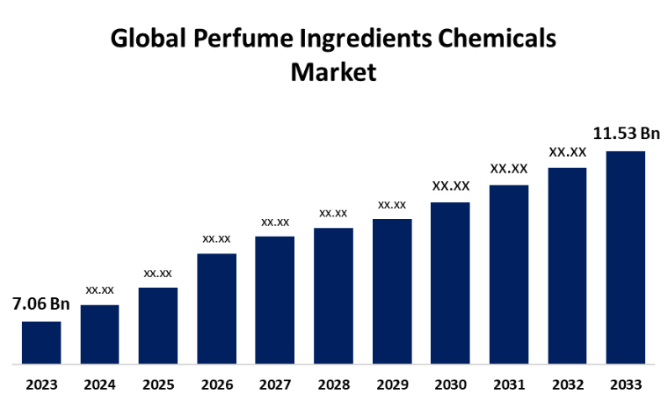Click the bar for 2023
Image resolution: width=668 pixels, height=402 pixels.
[41, 342]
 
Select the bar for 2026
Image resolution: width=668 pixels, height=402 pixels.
[216, 309]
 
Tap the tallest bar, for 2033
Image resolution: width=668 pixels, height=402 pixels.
[626, 258]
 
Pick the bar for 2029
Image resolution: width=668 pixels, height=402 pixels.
[392, 291]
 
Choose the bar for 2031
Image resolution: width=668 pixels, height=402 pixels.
[509, 274]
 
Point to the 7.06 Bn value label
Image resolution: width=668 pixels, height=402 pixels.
[40, 304]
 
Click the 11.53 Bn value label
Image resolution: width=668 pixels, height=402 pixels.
[626, 134]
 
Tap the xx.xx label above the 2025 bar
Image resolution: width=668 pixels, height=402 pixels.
[158, 273]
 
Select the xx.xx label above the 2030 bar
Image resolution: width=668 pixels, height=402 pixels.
[451, 186]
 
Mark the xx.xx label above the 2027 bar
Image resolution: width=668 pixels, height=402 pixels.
[275, 222]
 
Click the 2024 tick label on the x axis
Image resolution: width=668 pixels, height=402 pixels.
[99, 384]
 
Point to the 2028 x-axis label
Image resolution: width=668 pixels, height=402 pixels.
[333, 384]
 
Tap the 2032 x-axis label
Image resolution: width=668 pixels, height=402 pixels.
[567, 384]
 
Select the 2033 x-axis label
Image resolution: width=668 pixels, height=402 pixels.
[626, 384]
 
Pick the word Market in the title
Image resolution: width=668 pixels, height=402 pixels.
[333, 72]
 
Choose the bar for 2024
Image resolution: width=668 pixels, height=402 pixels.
[99, 334]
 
